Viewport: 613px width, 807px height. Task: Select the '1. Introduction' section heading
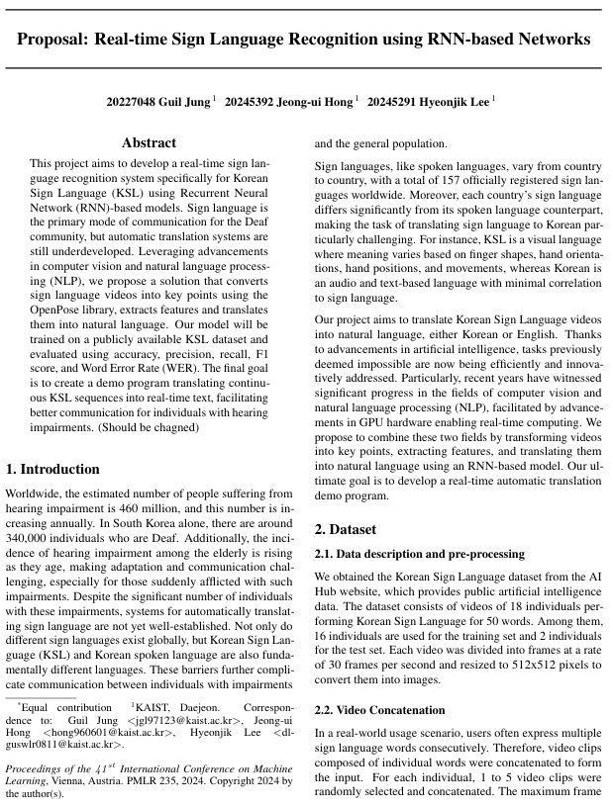(x=52, y=469)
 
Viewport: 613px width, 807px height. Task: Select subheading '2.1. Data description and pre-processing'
(x=419, y=553)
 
